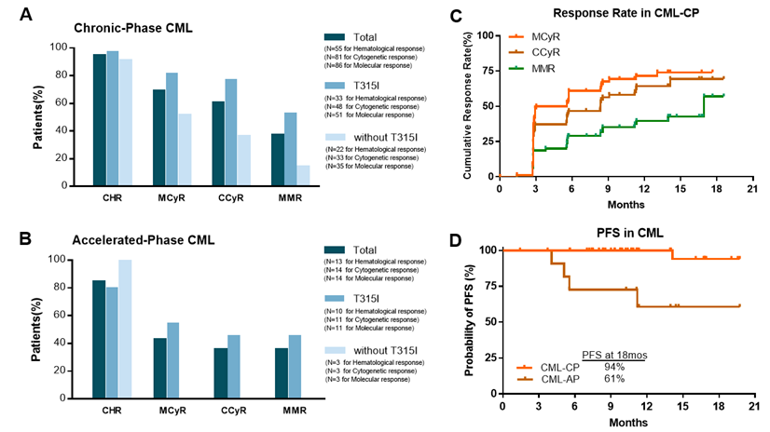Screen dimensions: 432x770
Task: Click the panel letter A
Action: pos(18,15)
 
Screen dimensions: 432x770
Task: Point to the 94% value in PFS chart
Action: pos(616,367)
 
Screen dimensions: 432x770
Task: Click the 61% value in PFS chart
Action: pos(616,380)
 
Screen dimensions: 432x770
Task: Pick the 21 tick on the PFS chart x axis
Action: pos(753,407)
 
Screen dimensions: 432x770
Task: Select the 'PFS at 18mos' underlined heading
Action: pos(616,354)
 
